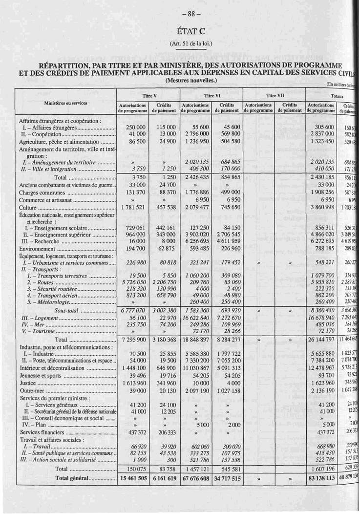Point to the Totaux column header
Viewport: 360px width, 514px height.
pyautogui.click(x=337, y=96)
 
